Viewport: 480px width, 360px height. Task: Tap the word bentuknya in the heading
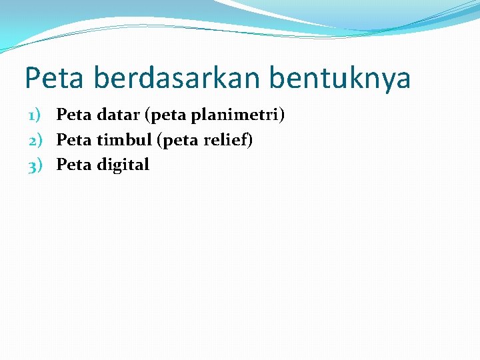340,79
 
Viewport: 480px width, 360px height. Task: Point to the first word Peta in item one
73,115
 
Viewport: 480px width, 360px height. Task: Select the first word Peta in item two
73,140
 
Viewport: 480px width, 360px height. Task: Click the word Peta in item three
73,165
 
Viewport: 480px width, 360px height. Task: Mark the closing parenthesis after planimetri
282,117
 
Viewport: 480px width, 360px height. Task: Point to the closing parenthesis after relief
250,141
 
